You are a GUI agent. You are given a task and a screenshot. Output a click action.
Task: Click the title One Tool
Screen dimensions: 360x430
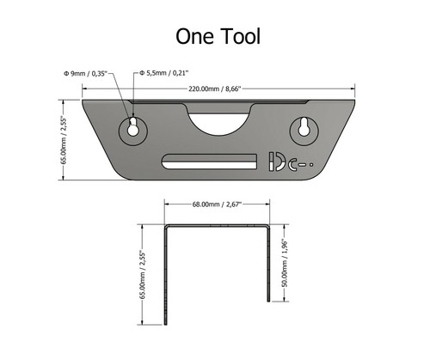pyautogui.click(x=215, y=35)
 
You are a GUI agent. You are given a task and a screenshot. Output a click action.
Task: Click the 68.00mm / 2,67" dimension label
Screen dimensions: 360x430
pyautogui.click(x=218, y=204)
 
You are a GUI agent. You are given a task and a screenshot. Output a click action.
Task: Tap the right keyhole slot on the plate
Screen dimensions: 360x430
pyautogui.click(x=304, y=128)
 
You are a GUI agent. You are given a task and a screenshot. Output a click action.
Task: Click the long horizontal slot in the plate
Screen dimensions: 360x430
pyautogui.click(x=210, y=160)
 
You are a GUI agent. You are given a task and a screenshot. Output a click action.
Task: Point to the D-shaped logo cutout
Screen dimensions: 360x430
pyautogui.click(x=276, y=161)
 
